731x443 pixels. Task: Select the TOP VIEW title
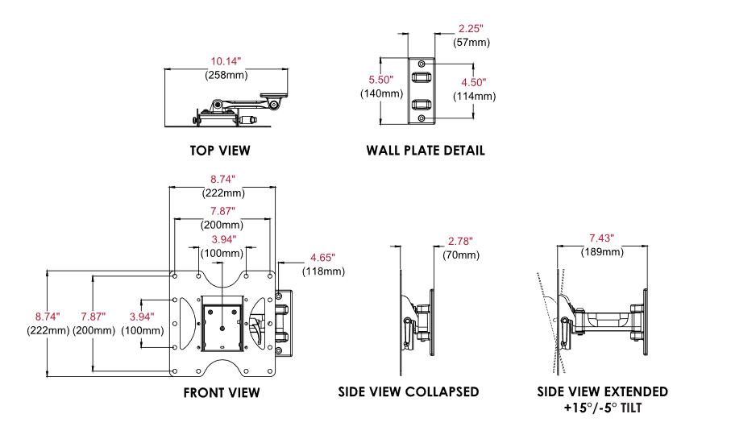coord(220,151)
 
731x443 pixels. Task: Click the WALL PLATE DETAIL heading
coord(426,151)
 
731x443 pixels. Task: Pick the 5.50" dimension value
coord(381,80)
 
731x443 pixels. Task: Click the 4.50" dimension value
coord(473,82)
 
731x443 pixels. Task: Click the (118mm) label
coord(323,271)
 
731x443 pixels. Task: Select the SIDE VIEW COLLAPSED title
coord(409,392)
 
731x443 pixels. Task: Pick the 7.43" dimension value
coord(601,238)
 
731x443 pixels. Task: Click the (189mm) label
coord(601,252)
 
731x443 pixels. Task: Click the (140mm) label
coord(381,93)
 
